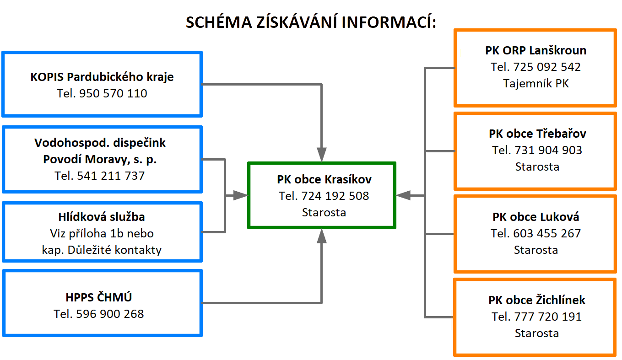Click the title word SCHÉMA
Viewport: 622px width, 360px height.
(219, 22)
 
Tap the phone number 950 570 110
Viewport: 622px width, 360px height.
(113, 93)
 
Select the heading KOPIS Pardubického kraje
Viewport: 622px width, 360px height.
(102, 77)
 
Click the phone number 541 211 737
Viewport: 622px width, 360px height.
(111, 176)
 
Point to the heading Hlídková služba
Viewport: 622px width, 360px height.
(102, 217)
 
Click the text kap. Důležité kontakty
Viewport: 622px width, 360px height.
(102, 250)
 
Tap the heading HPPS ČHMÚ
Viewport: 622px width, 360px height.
(99, 297)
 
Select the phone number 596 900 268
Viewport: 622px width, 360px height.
(110, 314)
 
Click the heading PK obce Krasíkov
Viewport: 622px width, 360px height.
(324, 179)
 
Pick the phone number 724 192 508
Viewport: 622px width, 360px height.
(335, 196)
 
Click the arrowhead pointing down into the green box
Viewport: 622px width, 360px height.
(322, 154)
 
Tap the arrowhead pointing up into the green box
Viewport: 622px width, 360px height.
(322, 236)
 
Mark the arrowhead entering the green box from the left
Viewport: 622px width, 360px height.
(240, 195)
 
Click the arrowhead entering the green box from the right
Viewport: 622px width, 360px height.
(403, 195)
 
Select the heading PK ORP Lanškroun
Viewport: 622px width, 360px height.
(535, 50)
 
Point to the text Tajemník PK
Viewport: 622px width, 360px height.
(535, 84)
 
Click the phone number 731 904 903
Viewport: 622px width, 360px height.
(548, 150)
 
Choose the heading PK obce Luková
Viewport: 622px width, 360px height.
(535, 217)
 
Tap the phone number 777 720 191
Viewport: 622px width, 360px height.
(548, 317)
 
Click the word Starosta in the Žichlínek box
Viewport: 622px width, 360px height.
(537, 333)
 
